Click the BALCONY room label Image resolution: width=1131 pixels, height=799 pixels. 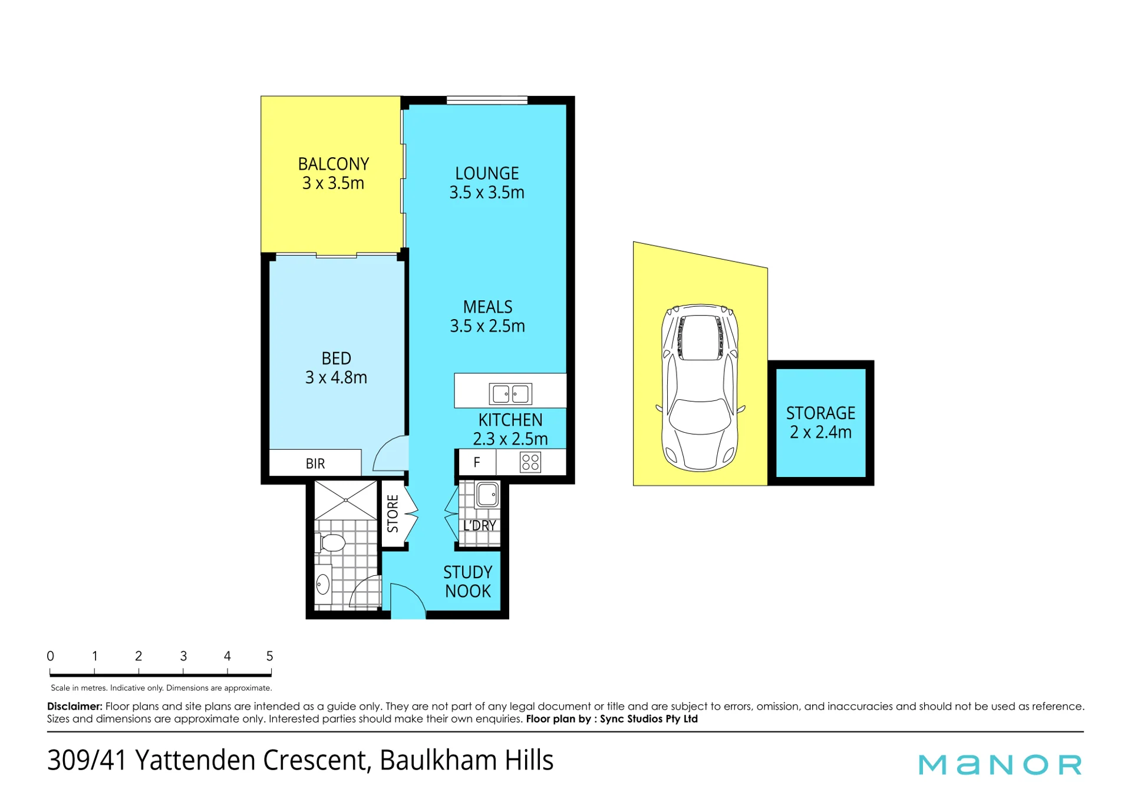[333, 164]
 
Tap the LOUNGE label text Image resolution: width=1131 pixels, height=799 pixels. [487, 173]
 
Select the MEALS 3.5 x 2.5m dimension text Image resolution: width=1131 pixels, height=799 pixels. [487, 326]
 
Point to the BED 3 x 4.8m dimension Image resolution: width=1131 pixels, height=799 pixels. [336, 377]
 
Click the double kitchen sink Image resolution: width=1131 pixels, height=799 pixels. [510, 393]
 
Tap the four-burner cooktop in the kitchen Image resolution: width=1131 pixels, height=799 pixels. [530, 462]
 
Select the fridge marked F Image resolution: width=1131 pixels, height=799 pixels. [477, 462]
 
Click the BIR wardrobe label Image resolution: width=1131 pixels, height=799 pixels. [315, 463]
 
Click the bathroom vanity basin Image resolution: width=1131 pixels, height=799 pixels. [323, 585]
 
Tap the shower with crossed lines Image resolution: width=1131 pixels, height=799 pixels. [345, 500]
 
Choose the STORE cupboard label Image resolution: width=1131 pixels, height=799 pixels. [393, 513]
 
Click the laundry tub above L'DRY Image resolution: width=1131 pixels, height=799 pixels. [487, 495]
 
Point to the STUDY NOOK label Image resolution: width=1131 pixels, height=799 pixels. [468, 582]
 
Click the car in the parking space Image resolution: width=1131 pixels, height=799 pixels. [700, 388]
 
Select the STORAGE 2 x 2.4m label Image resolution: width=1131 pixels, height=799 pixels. [820, 422]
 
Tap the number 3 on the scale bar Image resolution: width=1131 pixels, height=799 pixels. [183, 656]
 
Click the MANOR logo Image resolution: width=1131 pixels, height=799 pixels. [1000, 764]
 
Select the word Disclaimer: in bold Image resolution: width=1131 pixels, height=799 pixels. [75, 706]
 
